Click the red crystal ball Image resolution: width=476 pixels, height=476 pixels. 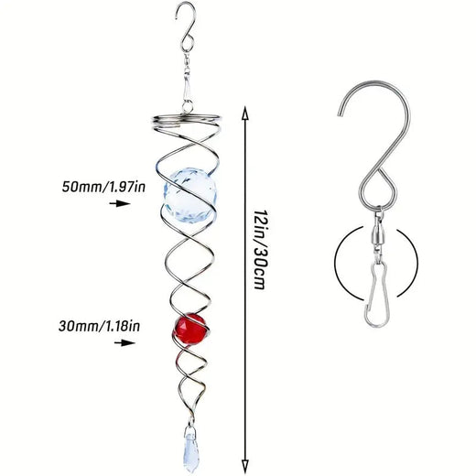(191, 329)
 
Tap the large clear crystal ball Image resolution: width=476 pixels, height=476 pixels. (191, 195)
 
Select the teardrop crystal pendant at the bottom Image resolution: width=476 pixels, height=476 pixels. (191, 447)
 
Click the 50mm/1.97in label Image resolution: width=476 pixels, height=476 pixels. (103, 187)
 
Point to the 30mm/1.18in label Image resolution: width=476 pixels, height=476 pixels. (100, 326)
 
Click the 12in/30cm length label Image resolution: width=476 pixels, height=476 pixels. (260, 249)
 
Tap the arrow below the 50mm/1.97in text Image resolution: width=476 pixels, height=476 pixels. (120, 203)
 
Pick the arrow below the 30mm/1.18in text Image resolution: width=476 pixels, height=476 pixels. (124, 342)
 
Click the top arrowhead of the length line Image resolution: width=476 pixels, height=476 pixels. (244, 113)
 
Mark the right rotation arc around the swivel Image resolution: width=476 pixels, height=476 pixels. (407, 264)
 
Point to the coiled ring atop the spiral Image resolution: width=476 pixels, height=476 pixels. (185, 121)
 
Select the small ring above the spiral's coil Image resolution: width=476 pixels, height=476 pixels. (188, 107)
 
